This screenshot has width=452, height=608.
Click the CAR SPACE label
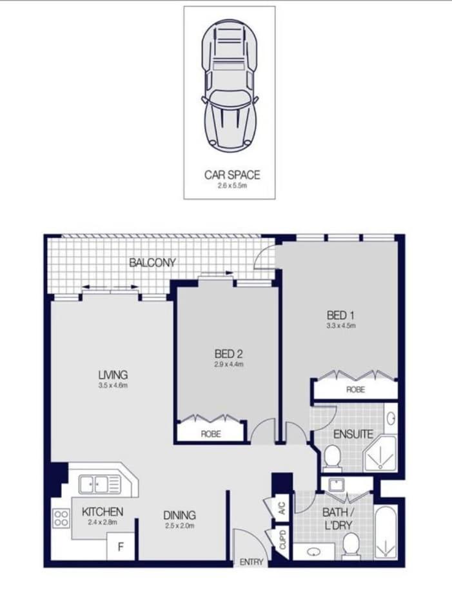[x=232, y=175]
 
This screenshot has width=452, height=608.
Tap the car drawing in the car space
[x=229, y=84]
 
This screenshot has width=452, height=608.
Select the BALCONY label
[x=152, y=262]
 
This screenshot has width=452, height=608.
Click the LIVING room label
[x=113, y=375]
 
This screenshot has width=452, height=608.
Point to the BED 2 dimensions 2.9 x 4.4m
[x=229, y=364]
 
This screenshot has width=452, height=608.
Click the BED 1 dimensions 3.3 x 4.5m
[x=340, y=326]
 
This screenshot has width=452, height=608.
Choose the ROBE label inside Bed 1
[x=355, y=389]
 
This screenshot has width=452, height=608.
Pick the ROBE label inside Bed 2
[x=211, y=433]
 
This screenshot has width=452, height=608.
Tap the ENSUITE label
[x=353, y=434]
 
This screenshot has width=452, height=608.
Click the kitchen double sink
[x=100, y=485]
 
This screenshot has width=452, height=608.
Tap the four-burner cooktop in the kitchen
[x=61, y=518]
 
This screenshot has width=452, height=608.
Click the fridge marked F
[x=121, y=546]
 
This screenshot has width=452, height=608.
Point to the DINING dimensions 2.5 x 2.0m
[x=179, y=526]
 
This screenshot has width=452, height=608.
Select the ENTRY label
[x=251, y=562]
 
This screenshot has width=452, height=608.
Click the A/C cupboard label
[x=282, y=507]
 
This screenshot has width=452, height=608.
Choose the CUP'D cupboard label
[x=282, y=540]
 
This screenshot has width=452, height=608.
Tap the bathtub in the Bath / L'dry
[x=386, y=532]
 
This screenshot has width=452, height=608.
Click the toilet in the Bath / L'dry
[x=351, y=546]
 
